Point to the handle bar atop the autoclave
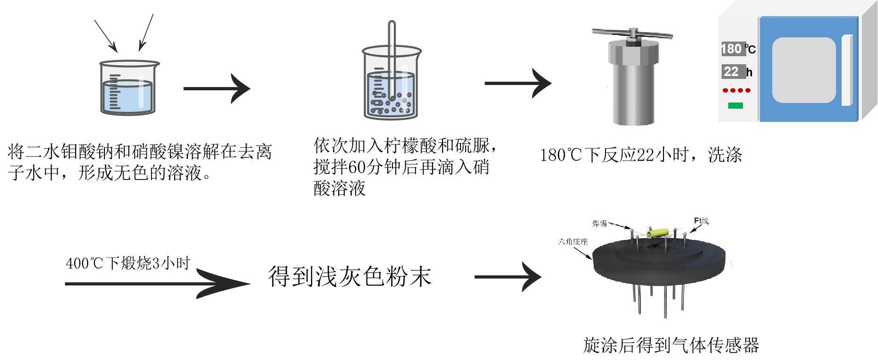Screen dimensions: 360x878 (632, 34)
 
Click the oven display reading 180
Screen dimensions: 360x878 (732, 49)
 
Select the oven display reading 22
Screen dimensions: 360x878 (732, 72)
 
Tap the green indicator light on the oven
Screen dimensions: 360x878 (735, 105)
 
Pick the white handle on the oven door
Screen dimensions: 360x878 (846, 70)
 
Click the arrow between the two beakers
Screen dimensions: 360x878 (217, 88)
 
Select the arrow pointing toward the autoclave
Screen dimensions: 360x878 (518, 84)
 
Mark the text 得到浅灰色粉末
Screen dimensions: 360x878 (349, 276)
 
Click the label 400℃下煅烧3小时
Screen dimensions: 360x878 (128, 263)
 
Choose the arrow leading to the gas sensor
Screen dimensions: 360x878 (508, 277)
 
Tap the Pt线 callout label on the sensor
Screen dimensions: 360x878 (701, 221)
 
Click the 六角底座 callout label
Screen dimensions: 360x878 (572, 242)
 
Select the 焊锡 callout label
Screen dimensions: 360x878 (599, 223)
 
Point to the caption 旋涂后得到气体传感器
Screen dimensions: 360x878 (671, 345)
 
